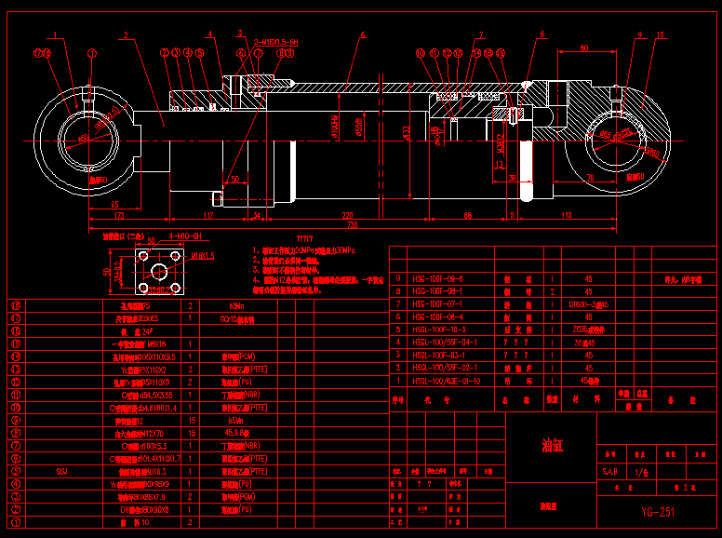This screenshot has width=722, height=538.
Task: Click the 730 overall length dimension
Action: (352, 225)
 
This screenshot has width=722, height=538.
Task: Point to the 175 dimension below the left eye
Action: (119, 216)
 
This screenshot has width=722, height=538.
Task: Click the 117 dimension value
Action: (208, 216)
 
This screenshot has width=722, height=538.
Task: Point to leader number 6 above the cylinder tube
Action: (363, 35)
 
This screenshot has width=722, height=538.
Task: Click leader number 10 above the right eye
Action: (661, 35)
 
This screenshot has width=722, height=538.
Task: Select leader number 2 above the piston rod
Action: (126, 36)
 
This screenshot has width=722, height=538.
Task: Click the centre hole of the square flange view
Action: (159, 271)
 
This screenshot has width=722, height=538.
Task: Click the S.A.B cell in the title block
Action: (611, 473)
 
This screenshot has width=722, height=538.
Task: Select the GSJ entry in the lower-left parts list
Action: (62, 472)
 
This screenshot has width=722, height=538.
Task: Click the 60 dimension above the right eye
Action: (584, 46)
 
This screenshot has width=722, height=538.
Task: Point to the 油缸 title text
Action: (553, 445)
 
